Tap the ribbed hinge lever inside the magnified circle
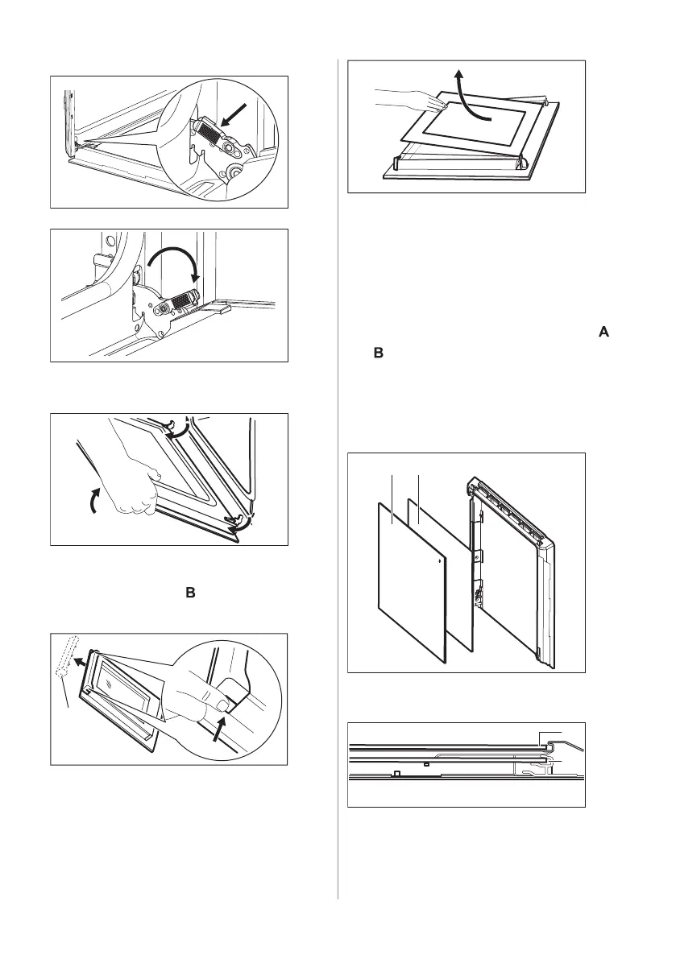[x=212, y=134]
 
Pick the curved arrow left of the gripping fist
[x=96, y=501]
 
